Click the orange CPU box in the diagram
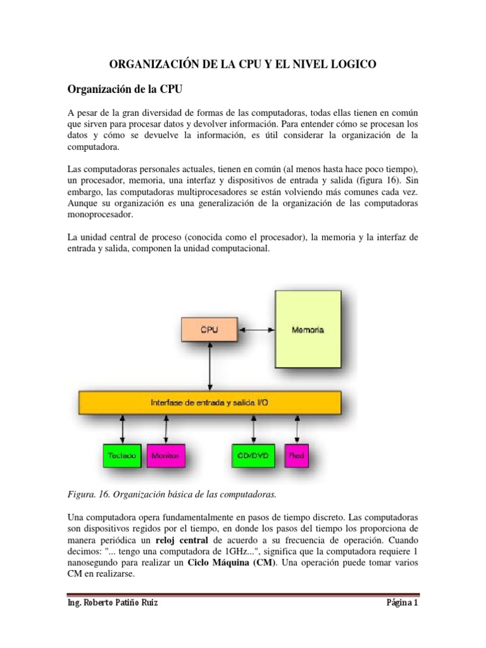209,330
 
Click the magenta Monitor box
166,455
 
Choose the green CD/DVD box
253,455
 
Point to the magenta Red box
296,455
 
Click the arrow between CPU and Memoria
255,330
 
